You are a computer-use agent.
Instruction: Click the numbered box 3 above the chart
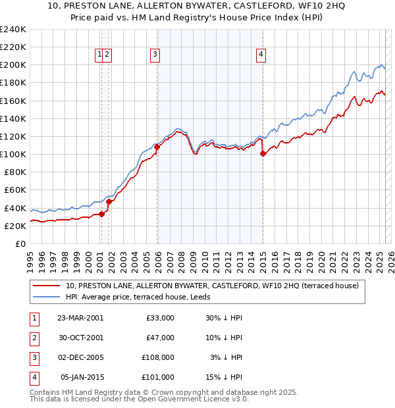point(155,55)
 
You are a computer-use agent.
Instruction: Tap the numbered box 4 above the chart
point(261,55)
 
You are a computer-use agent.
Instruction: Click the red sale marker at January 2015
point(263,154)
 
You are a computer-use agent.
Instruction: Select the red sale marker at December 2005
point(157,147)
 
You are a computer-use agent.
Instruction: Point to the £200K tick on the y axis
point(13,65)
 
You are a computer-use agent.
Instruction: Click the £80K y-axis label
point(14,172)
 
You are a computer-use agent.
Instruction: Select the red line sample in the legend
point(47,286)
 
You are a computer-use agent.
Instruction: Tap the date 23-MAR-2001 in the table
point(80,318)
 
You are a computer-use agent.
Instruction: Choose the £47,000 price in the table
point(159,338)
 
